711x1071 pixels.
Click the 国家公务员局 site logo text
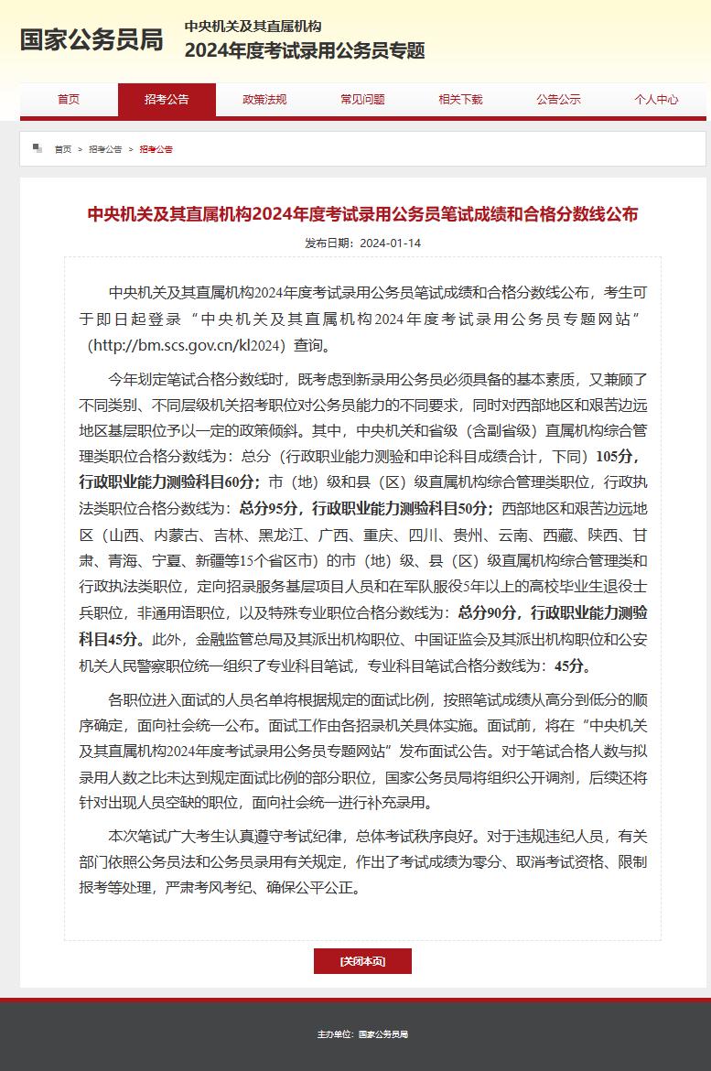[92, 40]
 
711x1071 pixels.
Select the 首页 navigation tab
[69, 100]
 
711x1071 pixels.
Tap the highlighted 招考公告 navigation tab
[167, 100]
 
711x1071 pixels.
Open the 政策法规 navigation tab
[264, 100]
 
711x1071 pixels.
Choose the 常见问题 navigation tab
[362, 100]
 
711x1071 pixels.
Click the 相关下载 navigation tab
[460, 100]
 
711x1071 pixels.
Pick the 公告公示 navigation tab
[558, 100]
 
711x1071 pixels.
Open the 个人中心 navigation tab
[656, 100]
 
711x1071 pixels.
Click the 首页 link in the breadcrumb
[62, 149]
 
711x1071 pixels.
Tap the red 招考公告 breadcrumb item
[156, 149]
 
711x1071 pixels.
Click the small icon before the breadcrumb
[38, 147]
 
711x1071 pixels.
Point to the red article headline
[362, 214]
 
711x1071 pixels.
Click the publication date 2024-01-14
[390, 243]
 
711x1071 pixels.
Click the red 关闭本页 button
[362, 961]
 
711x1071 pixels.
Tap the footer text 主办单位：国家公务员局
[362, 1034]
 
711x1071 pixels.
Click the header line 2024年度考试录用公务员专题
[305, 51]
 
